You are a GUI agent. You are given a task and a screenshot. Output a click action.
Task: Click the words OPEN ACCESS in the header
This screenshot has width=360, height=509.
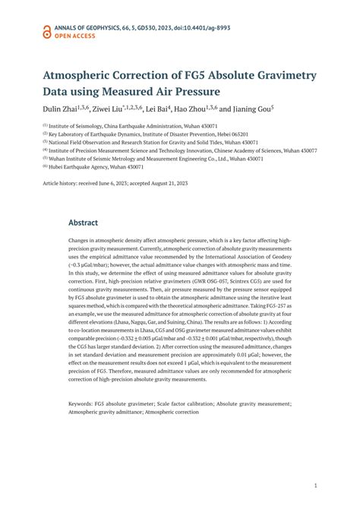(x=77, y=35)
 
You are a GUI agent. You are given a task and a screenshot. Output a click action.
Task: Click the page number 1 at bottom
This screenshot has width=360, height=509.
(x=314, y=482)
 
